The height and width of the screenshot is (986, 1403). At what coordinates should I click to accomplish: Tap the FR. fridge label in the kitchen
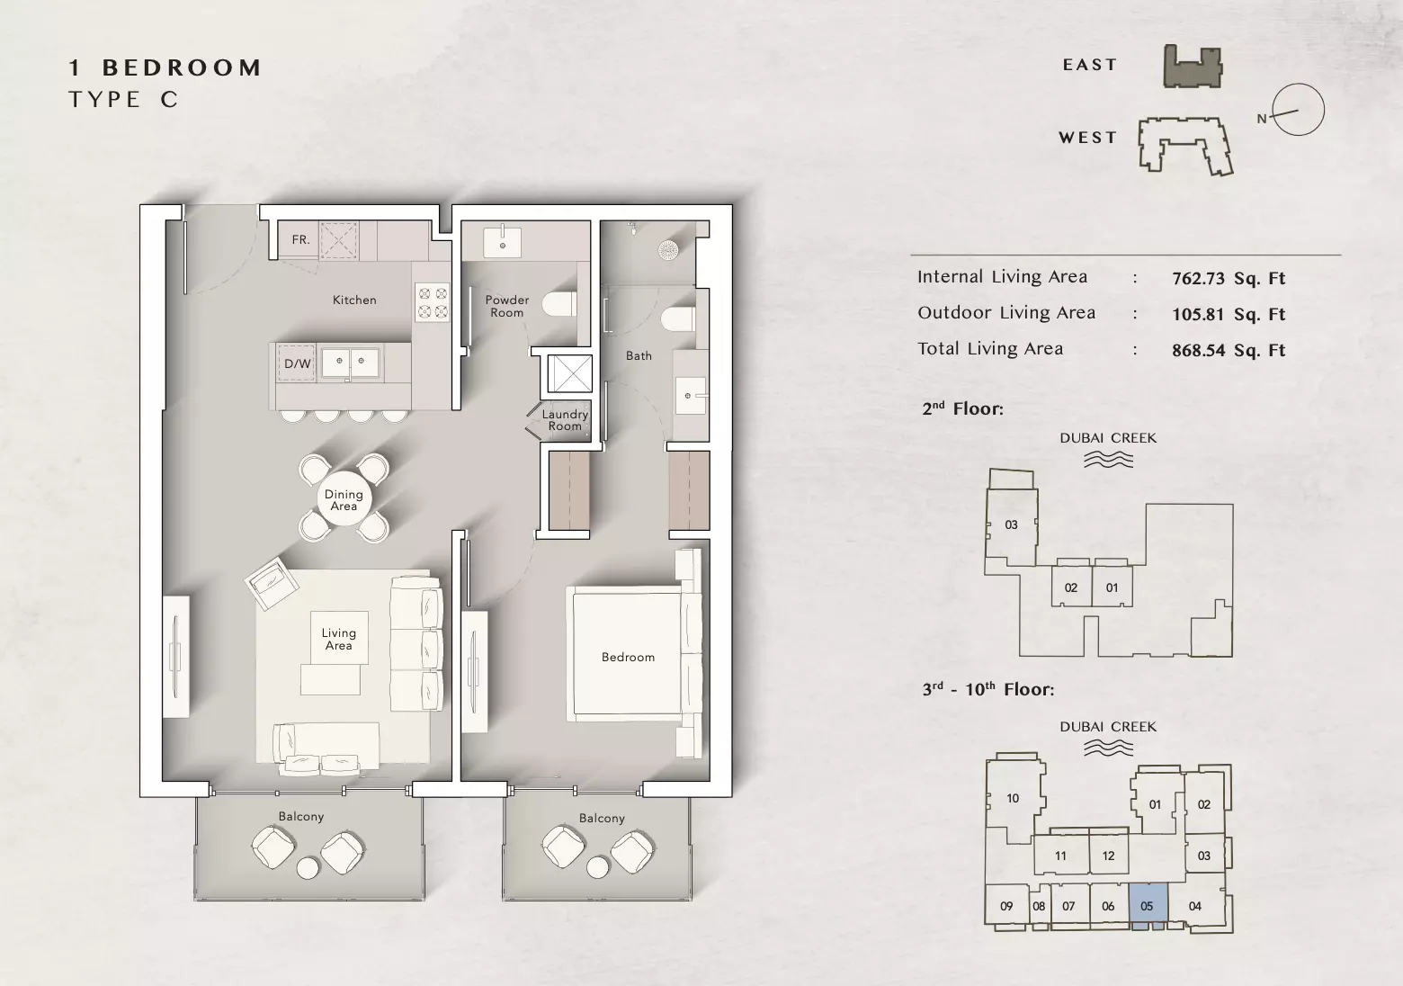(x=300, y=239)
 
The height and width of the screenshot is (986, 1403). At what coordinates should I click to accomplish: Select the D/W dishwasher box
(x=296, y=363)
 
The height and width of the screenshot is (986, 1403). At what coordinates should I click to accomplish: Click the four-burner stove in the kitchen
(x=433, y=302)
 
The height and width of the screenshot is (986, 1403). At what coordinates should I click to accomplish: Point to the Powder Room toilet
(x=559, y=305)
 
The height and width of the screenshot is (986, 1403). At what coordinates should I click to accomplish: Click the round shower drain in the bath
(x=667, y=250)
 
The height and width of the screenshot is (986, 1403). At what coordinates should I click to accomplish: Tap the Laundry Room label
(x=565, y=420)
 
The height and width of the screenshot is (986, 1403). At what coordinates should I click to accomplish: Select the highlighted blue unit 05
(x=1148, y=906)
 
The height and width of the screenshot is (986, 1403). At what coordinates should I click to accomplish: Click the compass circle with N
(x=1299, y=110)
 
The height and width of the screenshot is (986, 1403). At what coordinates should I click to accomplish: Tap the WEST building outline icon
(x=1185, y=146)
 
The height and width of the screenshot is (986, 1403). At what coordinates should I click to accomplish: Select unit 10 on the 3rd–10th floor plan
(x=1013, y=798)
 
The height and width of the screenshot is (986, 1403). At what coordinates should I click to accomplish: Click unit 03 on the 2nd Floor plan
(x=1011, y=525)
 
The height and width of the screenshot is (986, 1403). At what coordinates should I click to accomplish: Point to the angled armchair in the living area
(x=272, y=584)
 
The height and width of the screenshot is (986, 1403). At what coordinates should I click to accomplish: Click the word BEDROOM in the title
(x=183, y=67)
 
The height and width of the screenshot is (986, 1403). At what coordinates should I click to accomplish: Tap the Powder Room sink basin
(x=503, y=242)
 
